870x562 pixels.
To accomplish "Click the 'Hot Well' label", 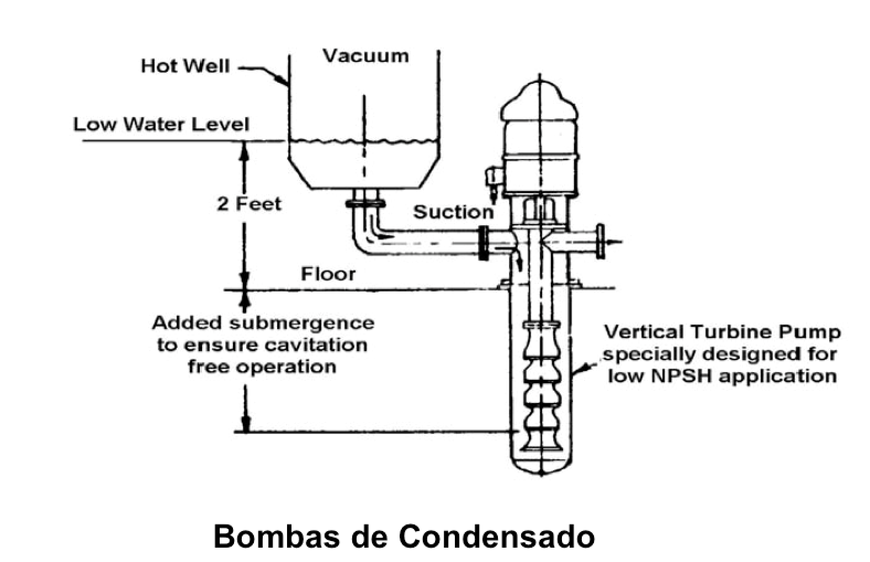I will pos(185,66).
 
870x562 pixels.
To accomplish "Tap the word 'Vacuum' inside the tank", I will pos(365,56).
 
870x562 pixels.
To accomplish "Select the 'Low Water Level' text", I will pos(161,124).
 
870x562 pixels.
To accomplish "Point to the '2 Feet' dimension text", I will pos(249,204).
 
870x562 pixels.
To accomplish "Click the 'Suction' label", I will pos(453,212).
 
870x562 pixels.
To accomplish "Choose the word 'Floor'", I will pos(328,273).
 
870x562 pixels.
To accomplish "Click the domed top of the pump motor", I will pos(539,99).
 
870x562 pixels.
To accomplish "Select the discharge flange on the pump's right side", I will pos(600,241).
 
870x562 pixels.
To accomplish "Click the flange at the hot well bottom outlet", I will pos(365,204).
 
